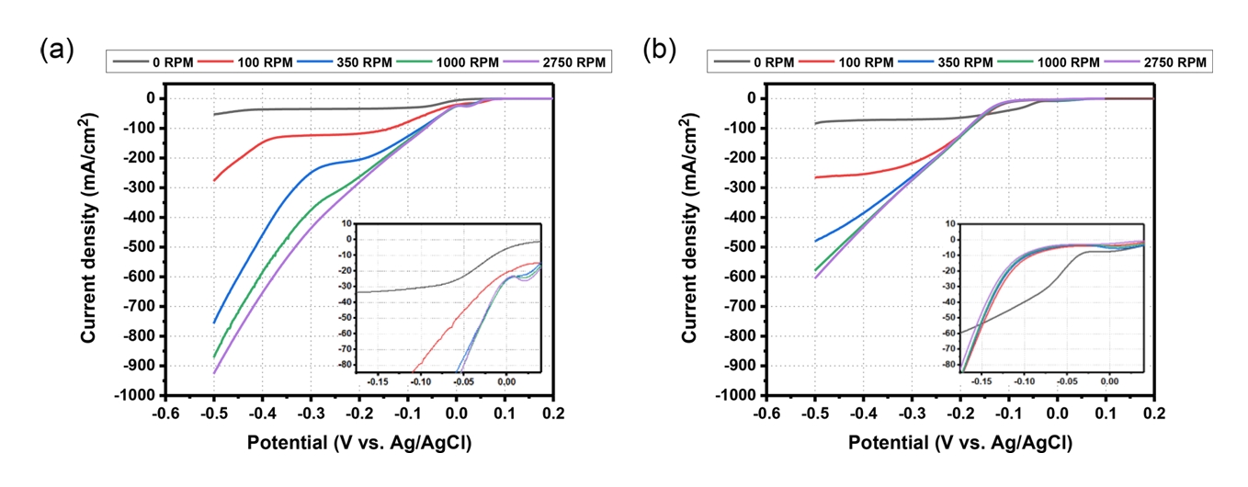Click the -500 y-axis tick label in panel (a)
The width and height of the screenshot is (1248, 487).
coord(143,247)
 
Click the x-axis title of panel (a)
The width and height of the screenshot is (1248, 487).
coord(359,443)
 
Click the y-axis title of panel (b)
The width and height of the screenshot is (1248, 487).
coord(691,230)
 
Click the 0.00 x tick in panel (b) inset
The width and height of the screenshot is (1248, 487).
coord(1109,379)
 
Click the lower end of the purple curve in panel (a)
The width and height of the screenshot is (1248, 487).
coord(214,372)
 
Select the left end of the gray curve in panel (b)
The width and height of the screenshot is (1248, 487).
coord(814,123)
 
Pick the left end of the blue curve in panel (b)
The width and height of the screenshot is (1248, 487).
coord(814,241)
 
